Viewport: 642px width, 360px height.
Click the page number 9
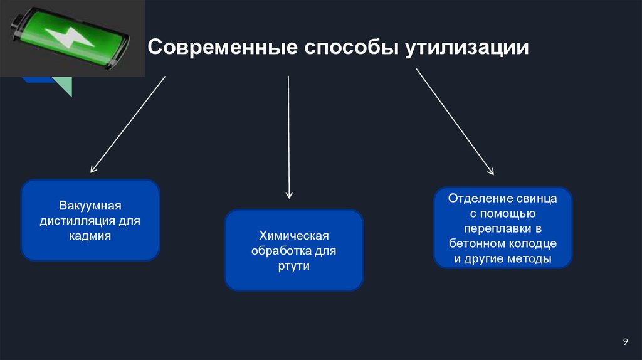click(x=625, y=341)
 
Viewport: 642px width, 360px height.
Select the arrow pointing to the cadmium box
click(x=128, y=124)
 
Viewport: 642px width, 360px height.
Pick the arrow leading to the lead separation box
click(x=455, y=122)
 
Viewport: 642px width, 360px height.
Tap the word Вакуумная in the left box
click(x=90, y=206)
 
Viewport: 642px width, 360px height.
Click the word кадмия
click(x=90, y=236)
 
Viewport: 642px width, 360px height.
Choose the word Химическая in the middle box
click(x=294, y=236)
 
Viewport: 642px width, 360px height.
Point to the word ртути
click(x=294, y=266)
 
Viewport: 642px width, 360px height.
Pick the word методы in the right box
click(x=529, y=259)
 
